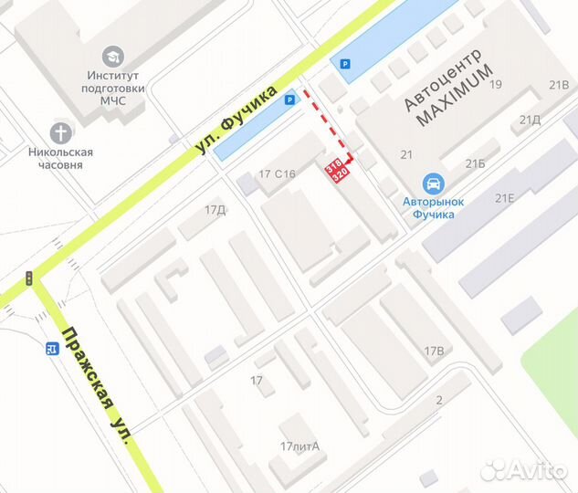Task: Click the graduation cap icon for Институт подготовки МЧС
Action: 113,57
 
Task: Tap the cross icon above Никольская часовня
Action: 61,131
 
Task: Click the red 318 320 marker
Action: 337,169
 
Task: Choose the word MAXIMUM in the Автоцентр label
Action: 455,94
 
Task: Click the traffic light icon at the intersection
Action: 29,278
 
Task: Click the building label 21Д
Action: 530,120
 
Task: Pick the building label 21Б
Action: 475,164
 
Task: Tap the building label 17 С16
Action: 278,173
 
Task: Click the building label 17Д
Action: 215,210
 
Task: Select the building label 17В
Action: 434,351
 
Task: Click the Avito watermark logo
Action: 523,469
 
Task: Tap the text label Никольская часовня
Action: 61,159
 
